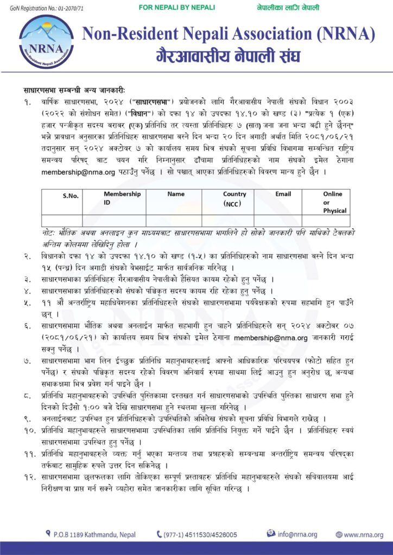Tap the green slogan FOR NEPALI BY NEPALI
[x=177, y=8]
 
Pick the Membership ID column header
[x=122, y=198]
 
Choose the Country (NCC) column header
[x=234, y=198]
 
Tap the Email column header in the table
[x=283, y=194]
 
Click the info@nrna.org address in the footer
[x=297, y=534]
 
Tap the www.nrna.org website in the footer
[x=363, y=534]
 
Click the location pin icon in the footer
[x=48, y=534]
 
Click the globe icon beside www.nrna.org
[x=339, y=534]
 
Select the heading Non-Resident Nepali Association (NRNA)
[x=228, y=34]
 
